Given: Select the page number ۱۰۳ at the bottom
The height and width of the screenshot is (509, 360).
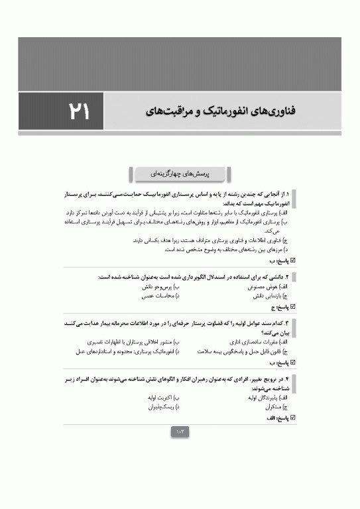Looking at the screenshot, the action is [x=180, y=431].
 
